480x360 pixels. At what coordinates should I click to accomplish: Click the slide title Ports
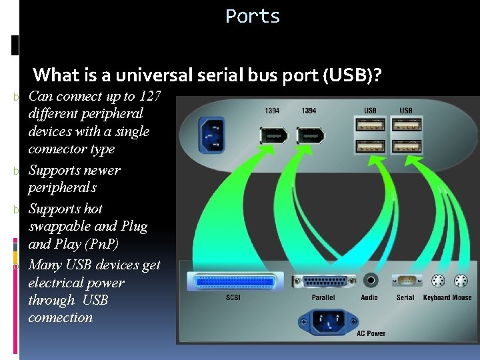(x=253, y=16)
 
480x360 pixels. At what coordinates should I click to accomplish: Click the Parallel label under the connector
(x=323, y=298)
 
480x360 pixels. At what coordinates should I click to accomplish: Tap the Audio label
(x=369, y=298)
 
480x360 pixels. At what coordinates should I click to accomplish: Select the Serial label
(x=405, y=298)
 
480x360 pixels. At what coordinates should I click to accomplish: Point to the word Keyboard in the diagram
(x=437, y=298)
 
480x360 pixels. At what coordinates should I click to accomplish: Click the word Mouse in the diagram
(x=462, y=298)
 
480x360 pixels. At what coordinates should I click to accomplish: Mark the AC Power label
(x=371, y=333)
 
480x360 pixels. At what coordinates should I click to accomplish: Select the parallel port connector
(x=324, y=281)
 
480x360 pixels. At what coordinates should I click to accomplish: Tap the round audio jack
(x=369, y=281)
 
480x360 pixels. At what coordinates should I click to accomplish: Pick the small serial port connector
(x=405, y=281)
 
